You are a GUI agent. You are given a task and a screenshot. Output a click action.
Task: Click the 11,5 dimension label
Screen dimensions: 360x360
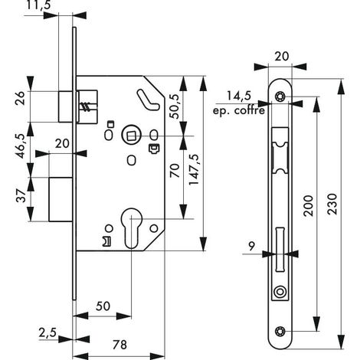(x=38, y=5)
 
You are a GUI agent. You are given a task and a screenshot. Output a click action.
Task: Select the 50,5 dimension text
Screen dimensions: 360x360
(x=175, y=106)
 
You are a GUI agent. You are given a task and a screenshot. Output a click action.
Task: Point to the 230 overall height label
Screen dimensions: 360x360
(x=332, y=204)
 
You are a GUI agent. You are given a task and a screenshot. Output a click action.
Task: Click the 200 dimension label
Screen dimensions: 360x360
(x=308, y=206)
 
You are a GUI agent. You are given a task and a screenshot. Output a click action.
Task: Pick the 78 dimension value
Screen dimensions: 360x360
(x=119, y=345)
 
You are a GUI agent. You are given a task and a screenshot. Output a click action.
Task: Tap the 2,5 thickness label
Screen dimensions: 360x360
(x=47, y=333)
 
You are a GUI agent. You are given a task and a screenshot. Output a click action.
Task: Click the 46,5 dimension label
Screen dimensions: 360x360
(x=21, y=146)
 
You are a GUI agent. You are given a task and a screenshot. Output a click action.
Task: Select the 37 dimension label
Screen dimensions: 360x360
(x=21, y=196)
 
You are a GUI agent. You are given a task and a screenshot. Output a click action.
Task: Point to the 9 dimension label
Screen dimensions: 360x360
(x=251, y=247)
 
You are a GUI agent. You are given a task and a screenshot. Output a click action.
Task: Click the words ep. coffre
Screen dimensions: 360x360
(x=239, y=111)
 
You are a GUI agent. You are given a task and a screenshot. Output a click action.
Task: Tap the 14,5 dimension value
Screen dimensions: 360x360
(x=239, y=96)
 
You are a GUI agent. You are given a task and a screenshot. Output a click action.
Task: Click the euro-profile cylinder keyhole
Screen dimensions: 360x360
(x=132, y=227)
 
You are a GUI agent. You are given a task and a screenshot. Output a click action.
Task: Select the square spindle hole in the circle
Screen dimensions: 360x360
(x=132, y=135)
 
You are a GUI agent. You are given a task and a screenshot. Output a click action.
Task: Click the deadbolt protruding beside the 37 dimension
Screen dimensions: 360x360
(x=61, y=199)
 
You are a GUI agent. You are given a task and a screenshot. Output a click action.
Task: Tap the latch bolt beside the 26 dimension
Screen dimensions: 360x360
(x=65, y=106)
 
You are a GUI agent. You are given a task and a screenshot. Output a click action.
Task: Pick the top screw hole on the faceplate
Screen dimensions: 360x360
(x=280, y=97)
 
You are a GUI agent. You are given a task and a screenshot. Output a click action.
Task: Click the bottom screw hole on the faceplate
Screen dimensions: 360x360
(x=280, y=332)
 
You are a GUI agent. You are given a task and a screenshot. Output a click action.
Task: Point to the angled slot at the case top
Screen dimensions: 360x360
(x=148, y=100)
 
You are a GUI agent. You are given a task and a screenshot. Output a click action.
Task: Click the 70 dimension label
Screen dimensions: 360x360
(x=175, y=171)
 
